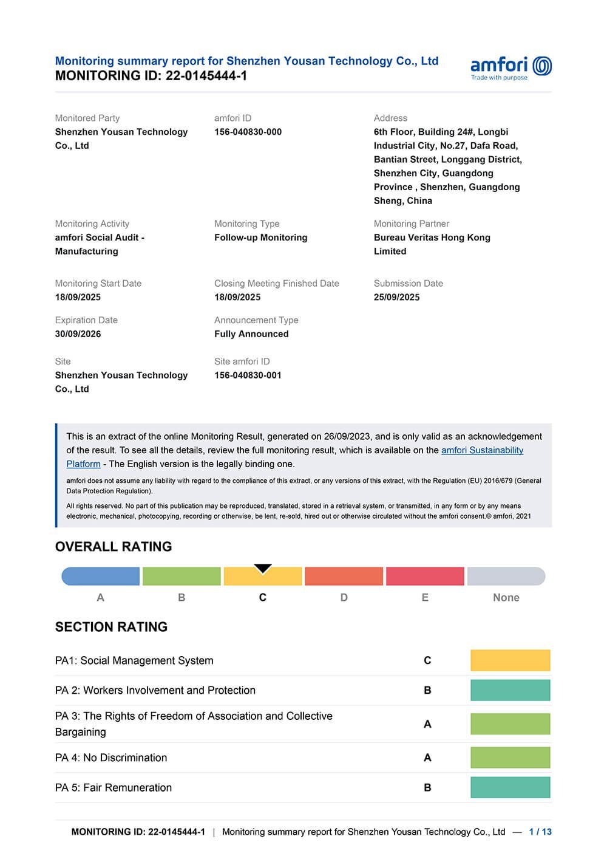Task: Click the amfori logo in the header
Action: point(510,67)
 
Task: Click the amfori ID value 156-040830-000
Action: point(248,132)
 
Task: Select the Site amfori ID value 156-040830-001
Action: point(248,375)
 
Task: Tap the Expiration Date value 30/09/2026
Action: point(78,334)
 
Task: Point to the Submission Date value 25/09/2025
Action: point(396,297)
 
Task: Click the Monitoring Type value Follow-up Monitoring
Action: point(260,238)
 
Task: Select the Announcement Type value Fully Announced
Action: point(251,334)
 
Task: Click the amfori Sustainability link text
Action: point(482,450)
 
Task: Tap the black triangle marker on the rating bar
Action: point(263,569)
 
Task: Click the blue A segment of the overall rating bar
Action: point(101,576)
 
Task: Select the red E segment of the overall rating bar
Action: point(425,576)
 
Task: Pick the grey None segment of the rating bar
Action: point(506,576)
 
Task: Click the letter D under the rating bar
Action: point(344,598)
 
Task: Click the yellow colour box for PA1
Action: point(510,660)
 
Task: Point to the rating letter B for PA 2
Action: point(427,691)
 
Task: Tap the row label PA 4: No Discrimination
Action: point(111,758)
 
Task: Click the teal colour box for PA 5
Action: point(510,787)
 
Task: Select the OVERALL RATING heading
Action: point(114,547)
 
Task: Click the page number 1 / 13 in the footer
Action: point(540,832)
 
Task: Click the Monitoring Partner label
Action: point(412,224)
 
